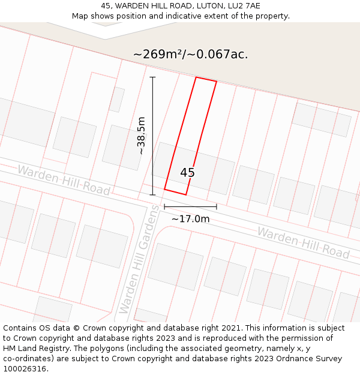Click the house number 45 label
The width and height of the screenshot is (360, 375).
coord(187,173)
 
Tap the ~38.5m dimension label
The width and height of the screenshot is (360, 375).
coord(142,136)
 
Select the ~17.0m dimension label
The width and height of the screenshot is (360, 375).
coord(190,219)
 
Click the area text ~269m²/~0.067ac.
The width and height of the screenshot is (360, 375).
coord(190,55)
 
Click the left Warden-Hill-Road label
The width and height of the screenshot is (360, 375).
coord(64,180)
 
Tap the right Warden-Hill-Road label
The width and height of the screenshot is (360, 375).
coord(304,242)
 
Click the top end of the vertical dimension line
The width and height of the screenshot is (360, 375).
coord(152,77)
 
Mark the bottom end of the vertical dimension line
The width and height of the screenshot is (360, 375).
coord(152,194)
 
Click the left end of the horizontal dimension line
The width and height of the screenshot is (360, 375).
coord(164,207)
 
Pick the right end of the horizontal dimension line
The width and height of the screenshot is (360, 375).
coord(217,207)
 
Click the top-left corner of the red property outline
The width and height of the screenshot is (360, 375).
coord(196,77)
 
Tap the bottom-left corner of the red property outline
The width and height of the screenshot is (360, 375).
coord(164,190)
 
